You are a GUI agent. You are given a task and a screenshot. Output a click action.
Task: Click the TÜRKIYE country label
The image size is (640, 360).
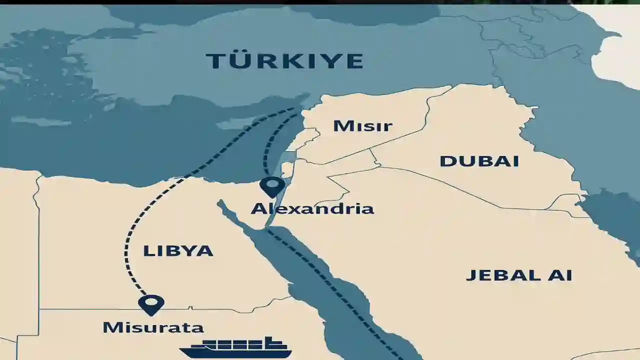coord(284,61)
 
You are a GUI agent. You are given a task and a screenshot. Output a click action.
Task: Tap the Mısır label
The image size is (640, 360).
coord(362,125)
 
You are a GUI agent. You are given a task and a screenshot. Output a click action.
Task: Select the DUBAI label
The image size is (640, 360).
coord(479,161)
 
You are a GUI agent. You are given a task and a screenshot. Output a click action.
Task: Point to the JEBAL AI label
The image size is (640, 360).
coord(519,275)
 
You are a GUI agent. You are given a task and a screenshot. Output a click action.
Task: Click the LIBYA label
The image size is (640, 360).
coord(178,250)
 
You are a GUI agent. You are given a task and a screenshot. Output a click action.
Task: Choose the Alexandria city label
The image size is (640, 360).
coord(312,208)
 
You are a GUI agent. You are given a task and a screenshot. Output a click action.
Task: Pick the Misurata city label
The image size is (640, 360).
coord(153,327)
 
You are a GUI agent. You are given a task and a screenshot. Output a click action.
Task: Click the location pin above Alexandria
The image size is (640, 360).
coord(272,186)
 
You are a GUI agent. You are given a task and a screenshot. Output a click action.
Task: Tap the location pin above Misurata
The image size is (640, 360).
coord(151,303)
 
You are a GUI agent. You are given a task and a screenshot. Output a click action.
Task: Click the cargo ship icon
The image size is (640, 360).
coord(235,348)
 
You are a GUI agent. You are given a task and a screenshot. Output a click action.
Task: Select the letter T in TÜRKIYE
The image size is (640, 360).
coord(215,61)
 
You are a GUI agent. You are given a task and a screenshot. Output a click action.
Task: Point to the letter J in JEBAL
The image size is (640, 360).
coord(471,275)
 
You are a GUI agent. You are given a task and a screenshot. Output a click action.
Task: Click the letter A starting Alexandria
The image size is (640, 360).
coord(259,208)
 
